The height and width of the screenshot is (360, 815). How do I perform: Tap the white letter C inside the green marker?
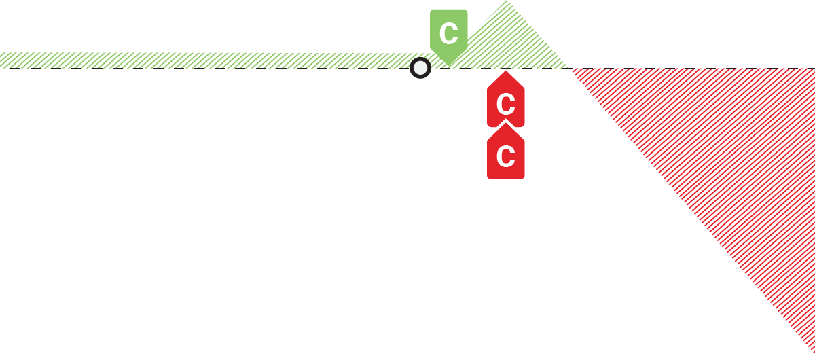[x=448, y=33]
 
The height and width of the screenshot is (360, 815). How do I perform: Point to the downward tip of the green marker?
[x=448, y=66]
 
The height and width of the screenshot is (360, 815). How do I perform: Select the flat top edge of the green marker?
[x=448, y=10]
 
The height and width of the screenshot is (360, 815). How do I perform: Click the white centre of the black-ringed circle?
[x=420, y=68]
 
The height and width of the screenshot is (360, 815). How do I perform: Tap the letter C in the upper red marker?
[x=505, y=105]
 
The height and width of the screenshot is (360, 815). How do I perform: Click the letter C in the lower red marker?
[x=505, y=157]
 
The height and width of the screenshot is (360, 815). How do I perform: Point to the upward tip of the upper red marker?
[x=505, y=71]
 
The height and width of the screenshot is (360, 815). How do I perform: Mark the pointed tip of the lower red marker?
[x=505, y=123]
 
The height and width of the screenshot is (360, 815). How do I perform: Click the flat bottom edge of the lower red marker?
[x=505, y=179]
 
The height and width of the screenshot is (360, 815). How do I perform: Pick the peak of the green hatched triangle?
[x=508, y=2]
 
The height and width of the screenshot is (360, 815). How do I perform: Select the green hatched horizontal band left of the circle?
[x=204, y=60]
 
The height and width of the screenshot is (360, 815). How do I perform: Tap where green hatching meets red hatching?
[x=568, y=68]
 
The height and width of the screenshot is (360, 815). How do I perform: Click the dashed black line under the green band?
[x=204, y=68]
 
